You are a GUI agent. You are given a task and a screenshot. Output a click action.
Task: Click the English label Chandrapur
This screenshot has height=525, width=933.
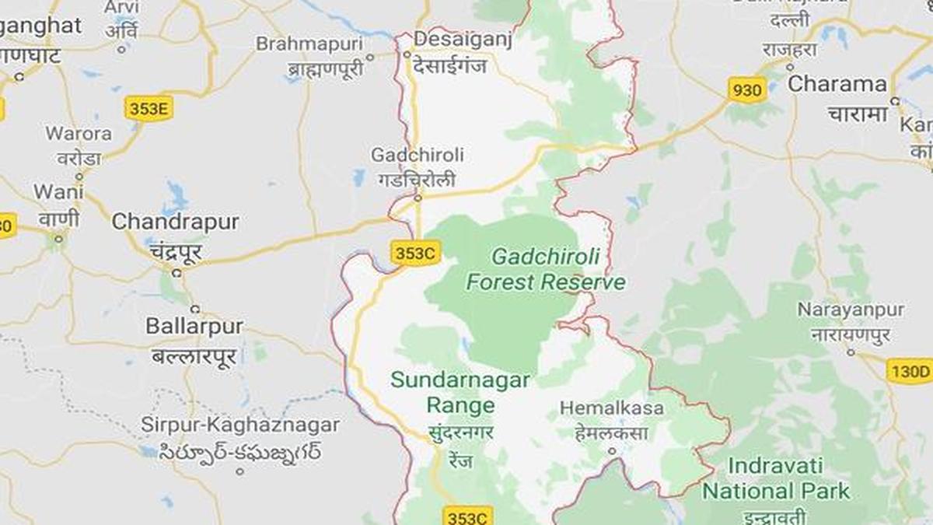click(x=175, y=222)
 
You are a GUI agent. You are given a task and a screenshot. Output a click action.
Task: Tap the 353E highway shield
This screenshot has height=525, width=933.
click(x=149, y=109)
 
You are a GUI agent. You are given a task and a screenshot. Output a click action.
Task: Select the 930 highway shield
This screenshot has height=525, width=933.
click(x=747, y=90)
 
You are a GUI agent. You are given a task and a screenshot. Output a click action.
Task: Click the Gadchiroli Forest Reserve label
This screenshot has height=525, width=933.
click(x=546, y=268)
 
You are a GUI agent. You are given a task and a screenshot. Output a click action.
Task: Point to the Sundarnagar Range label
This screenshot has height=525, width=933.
click(x=460, y=393)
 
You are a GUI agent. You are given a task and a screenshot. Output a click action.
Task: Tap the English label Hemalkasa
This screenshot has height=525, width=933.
click(x=612, y=408)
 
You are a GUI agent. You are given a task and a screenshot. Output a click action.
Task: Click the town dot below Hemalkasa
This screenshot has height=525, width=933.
click(x=612, y=450)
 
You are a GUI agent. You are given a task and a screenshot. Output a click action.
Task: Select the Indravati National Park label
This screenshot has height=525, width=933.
click(x=776, y=479)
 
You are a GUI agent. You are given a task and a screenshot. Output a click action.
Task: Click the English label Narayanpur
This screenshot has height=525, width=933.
click(x=851, y=310)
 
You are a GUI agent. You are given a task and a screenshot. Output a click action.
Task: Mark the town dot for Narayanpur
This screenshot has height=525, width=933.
click(x=851, y=353)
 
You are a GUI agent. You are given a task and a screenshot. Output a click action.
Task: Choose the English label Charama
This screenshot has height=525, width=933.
click(x=837, y=84)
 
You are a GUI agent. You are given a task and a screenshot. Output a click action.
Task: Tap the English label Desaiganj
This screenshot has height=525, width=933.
click(x=463, y=39)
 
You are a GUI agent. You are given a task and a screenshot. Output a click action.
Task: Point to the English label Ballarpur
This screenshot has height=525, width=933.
click(x=194, y=326)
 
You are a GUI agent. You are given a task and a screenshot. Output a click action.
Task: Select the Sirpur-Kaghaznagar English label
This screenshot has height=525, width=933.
click(x=240, y=425)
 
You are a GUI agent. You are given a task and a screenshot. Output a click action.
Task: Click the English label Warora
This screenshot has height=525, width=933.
click(x=79, y=133)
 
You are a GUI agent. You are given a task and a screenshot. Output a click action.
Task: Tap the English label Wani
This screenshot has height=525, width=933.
click(x=53, y=191)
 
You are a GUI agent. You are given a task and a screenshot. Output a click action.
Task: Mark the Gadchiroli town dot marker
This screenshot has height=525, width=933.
click(x=418, y=198)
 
